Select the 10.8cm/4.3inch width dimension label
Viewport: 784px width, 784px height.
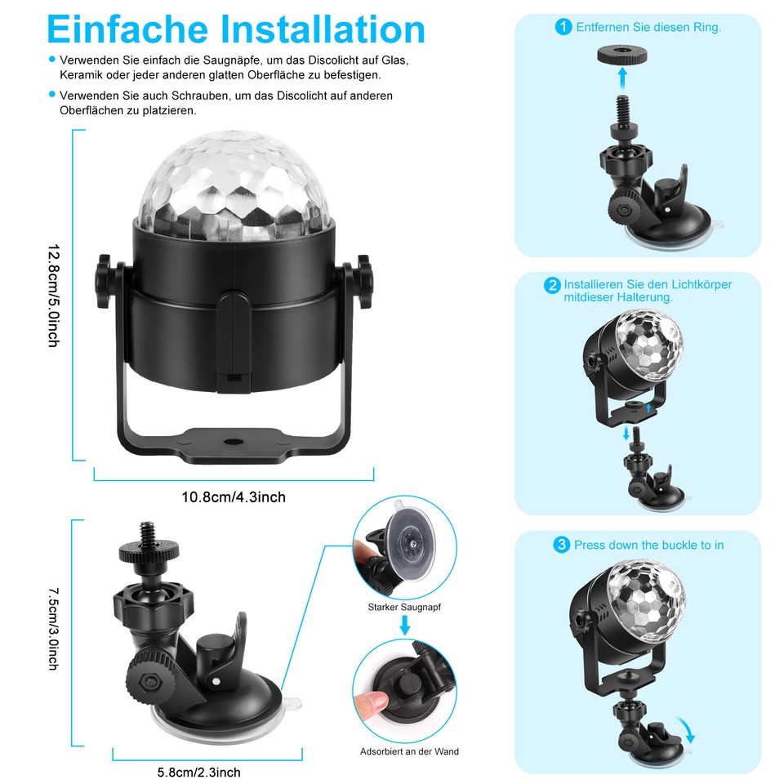pyautogui.click(x=234, y=497)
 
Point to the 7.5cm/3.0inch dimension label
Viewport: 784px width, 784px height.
pyautogui.click(x=53, y=629)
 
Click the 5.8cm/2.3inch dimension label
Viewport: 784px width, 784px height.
pyautogui.click(x=199, y=772)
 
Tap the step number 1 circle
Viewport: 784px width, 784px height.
pyautogui.click(x=563, y=27)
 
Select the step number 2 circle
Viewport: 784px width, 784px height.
pyautogui.click(x=553, y=285)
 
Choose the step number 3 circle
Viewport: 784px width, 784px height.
pyautogui.click(x=561, y=545)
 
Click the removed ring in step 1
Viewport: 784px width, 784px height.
pyautogui.click(x=622, y=56)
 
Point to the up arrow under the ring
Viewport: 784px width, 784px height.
pyautogui.click(x=622, y=80)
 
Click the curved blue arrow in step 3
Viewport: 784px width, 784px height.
pyautogui.click(x=687, y=726)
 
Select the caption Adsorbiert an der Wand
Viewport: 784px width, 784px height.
pyautogui.click(x=409, y=751)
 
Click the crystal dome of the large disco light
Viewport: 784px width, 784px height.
pyautogui.click(x=234, y=189)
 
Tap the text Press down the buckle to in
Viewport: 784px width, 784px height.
pyautogui.click(x=648, y=545)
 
